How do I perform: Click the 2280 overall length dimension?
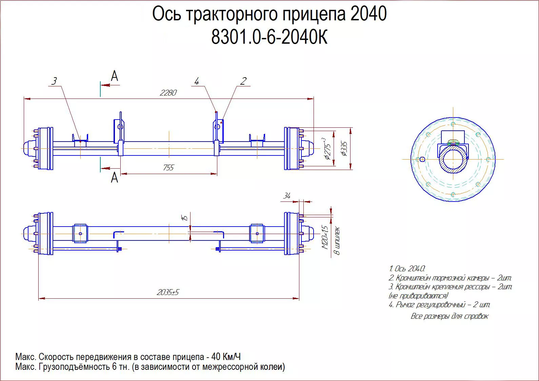tap(168, 93)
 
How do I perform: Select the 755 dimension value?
tap(168, 168)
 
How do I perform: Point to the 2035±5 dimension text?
tap(168, 292)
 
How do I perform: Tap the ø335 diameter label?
tap(344, 149)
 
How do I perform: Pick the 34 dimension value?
tap(287, 196)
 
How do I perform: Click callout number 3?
tap(54, 81)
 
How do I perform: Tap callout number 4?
tap(197, 81)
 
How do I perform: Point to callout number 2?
tap(243, 81)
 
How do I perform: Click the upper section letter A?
tap(115, 76)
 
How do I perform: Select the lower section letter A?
tap(115, 177)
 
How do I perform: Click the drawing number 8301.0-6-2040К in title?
tap(269, 37)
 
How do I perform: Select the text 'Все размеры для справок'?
tap(450, 316)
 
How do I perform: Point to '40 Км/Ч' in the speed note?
tap(226, 357)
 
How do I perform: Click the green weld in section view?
tap(453, 142)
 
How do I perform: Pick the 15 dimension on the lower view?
tap(185, 217)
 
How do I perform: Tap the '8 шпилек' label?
tap(337, 241)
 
